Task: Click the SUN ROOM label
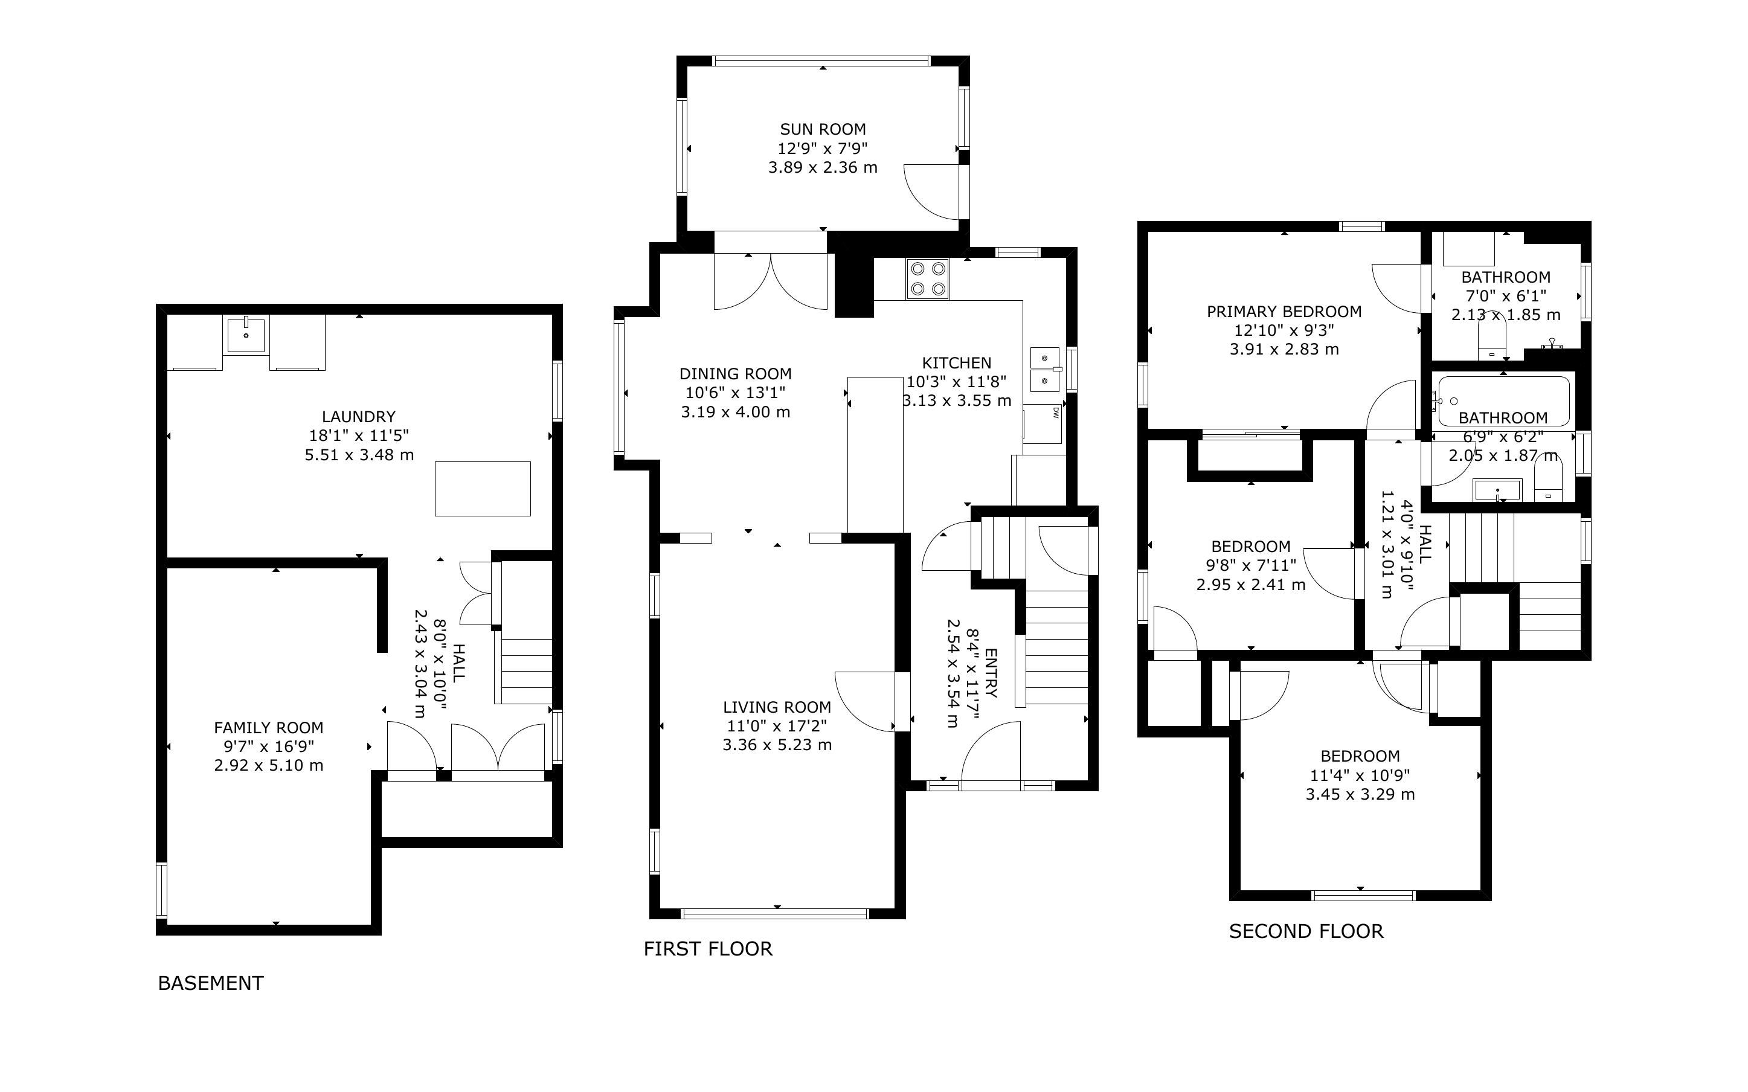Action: [823, 129]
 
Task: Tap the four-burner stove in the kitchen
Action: [928, 279]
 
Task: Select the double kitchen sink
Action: [1045, 368]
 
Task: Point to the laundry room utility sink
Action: [246, 335]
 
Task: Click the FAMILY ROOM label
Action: [269, 727]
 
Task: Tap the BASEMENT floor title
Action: [211, 983]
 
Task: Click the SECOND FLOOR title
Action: [1306, 931]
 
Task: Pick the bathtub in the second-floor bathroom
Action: [1503, 401]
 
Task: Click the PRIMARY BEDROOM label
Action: [1284, 311]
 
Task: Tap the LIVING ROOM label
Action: [777, 707]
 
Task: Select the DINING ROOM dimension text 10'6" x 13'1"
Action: [735, 393]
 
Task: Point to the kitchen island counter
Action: [875, 454]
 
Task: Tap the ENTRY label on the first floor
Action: [991, 673]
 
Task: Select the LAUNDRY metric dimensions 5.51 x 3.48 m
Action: [359, 455]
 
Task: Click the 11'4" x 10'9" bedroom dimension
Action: [1360, 775]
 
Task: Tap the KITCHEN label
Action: [957, 362]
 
